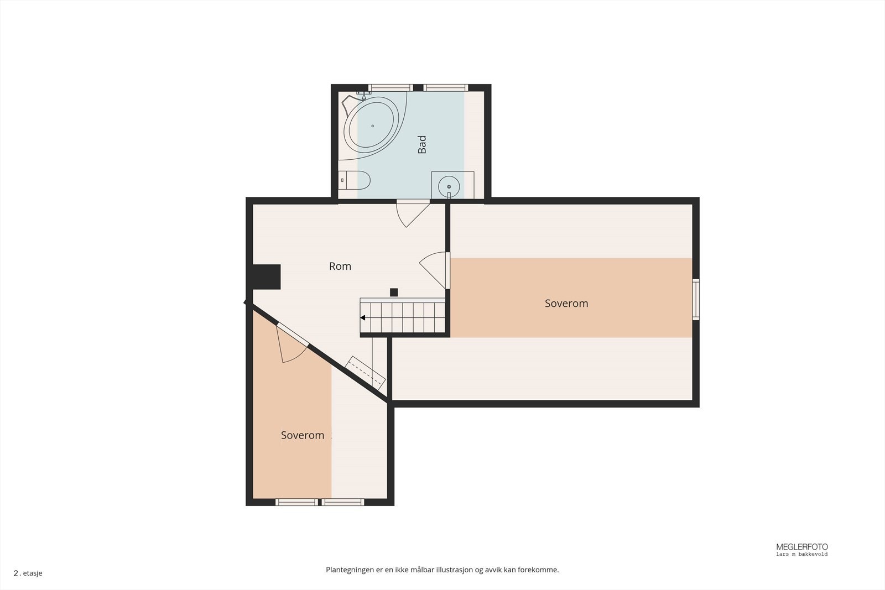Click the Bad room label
(x=422, y=144)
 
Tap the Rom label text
(x=340, y=266)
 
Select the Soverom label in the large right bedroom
(x=566, y=303)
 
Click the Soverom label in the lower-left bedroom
(x=302, y=435)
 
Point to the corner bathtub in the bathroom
(x=371, y=125)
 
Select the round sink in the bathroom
(x=449, y=186)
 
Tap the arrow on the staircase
(x=363, y=318)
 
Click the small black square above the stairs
(x=394, y=293)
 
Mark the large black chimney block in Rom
(x=267, y=276)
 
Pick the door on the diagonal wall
(x=291, y=344)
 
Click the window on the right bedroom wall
(x=696, y=299)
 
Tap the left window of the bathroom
(x=391, y=87)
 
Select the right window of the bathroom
(x=446, y=87)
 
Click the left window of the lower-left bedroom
(x=297, y=502)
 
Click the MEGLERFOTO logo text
(x=801, y=547)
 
